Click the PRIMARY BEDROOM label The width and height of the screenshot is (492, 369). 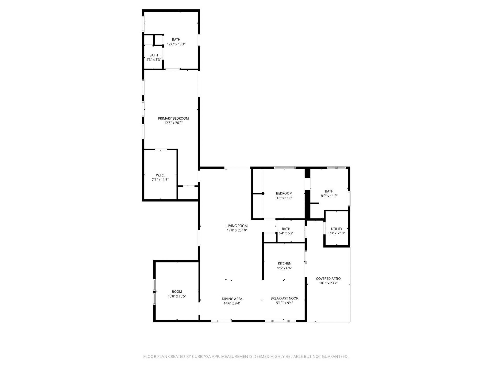click(x=173, y=118)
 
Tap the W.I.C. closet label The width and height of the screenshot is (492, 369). click(x=160, y=175)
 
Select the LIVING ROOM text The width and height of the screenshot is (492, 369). click(x=237, y=226)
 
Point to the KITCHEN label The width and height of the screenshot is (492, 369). click(x=284, y=263)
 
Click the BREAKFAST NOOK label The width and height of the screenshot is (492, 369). click(x=284, y=298)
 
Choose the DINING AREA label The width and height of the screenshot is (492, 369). click(x=232, y=299)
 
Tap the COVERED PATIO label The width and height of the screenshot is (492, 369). click(x=328, y=279)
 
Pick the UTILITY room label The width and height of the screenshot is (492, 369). click(x=336, y=229)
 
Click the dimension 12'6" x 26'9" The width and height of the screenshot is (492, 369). click(x=173, y=123)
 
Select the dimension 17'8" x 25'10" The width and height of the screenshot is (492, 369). click(x=237, y=230)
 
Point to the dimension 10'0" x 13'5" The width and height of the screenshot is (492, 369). click(x=177, y=296)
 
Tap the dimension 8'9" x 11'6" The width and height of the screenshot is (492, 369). click(x=329, y=196)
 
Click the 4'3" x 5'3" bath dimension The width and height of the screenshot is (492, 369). click(x=153, y=60)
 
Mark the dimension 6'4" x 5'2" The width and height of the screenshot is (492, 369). click(x=286, y=233)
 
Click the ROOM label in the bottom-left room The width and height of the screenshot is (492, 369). click(x=177, y=292)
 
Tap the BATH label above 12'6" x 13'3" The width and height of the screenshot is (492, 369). click(x=176, y=39)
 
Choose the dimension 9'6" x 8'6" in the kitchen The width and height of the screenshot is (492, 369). click(x=284, y=268)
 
